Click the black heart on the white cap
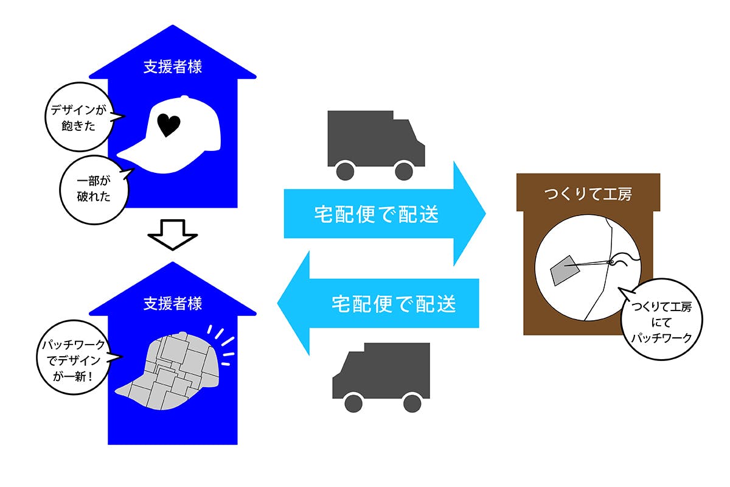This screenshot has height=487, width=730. [169, 125]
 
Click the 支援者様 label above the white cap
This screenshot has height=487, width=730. [173, 67]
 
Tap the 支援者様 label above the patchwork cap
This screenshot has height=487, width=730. [173, 303]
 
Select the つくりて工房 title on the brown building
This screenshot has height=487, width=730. [588, 194]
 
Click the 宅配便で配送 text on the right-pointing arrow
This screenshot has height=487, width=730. [377, 214]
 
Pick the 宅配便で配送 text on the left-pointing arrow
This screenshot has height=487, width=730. [394, 303]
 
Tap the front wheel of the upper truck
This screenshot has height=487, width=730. [403, 171]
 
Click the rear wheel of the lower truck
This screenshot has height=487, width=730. [412, 402]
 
